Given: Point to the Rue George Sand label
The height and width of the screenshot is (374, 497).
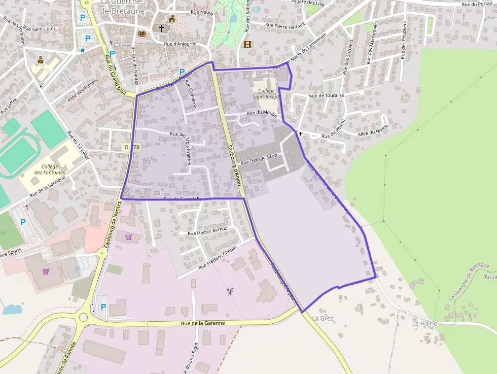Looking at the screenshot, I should [259, 159].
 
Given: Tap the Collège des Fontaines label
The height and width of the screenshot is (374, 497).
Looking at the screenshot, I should [50, 169].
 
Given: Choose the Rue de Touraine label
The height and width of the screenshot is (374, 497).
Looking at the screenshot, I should [326, 95].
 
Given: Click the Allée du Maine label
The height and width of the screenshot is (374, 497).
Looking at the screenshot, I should [373, 130].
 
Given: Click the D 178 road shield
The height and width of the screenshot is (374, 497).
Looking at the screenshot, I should [131, 147].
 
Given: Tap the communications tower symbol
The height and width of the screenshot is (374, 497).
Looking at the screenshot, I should [230, 291].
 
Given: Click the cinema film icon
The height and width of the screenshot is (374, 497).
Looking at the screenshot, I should [247, 44].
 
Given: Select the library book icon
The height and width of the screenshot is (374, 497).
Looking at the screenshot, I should [142, 33].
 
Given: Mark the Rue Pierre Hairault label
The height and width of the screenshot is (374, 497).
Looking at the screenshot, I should [286, 24].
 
